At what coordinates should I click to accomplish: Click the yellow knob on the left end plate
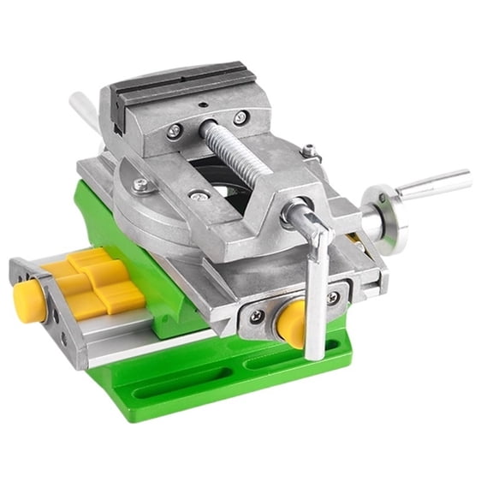(x=29, y=300)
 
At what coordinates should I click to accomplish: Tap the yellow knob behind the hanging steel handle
(x=291, y=322)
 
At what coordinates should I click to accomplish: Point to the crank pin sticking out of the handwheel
(x=435, y=184)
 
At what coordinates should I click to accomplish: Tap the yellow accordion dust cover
(x=92, y=281)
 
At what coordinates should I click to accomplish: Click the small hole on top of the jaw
(x=205, y=109)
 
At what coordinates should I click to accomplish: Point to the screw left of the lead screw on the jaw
(x=175, y=131)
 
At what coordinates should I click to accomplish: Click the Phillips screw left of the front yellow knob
(x=257, y=316)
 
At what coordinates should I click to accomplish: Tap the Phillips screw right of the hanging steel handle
(x=333, y=297)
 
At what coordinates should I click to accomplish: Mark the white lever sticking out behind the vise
(x=84, y=108)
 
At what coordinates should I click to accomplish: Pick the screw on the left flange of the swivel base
(x=139, y=184)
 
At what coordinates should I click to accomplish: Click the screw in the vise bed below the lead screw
(x=199, y=195)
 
